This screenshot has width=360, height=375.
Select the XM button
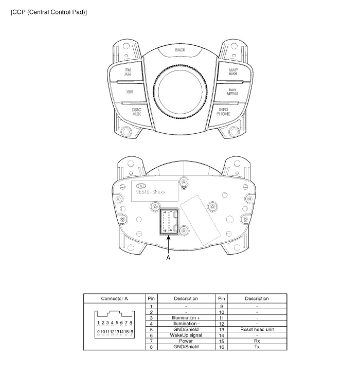(129, 92)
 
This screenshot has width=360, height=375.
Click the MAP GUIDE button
(233, 72)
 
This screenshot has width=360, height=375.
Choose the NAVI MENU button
(232, 92)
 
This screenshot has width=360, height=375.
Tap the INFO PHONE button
(224, 112)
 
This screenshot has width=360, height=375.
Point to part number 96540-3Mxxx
(151, 192)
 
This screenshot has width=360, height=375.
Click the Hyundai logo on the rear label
(141, 186)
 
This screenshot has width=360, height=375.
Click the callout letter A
(168, 258)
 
